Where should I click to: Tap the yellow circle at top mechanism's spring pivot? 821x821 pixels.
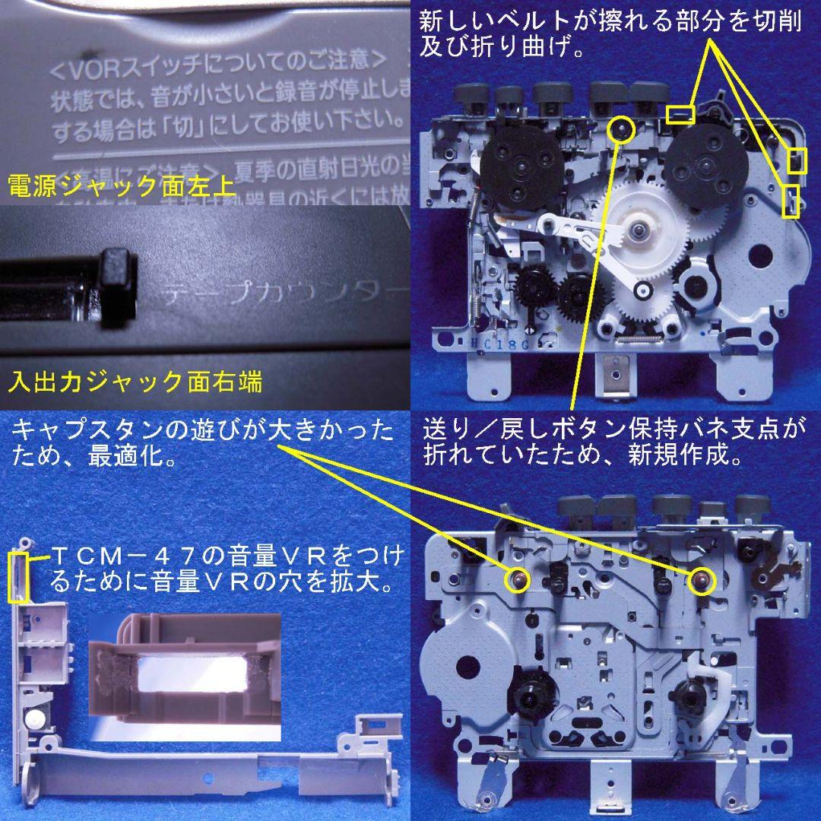point(622,128)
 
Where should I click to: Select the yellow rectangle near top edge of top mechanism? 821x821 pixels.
point(680,115)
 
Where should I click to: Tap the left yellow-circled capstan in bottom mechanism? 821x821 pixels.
point(518,579)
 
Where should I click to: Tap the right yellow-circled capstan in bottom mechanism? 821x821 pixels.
point(702,579)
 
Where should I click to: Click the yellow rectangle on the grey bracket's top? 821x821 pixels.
point(17,578)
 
